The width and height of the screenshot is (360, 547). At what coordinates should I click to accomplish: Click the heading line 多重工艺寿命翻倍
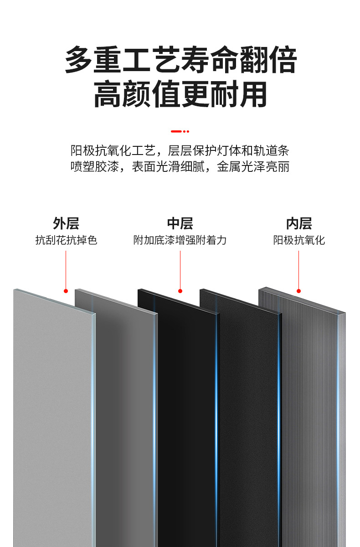[x=180, y=60]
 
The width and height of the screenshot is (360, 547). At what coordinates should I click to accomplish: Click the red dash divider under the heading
[x=180, y=131]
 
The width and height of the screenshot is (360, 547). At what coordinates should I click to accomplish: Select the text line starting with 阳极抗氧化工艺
[x=180, y=150]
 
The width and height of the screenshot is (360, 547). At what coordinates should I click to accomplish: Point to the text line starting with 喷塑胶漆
[x=180, y=167]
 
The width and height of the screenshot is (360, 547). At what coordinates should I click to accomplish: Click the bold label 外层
[x=66, y=223]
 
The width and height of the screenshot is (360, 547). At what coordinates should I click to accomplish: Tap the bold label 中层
[x=180, y=223]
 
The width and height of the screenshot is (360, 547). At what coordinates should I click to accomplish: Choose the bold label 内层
[x=299, y=223]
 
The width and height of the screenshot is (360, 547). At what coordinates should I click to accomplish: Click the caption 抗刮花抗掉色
[x=66, y=240]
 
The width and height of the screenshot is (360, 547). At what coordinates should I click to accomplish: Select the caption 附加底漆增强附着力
[x=180, y=240]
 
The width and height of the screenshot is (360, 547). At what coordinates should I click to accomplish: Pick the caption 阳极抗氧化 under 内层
[x=299, y=240]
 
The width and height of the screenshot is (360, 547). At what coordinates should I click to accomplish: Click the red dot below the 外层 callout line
[x=66, y=291]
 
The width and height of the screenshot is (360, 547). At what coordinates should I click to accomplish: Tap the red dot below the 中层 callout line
[x=180, y=291]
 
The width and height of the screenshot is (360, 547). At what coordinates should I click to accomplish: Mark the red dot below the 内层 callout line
[x=299, y=291]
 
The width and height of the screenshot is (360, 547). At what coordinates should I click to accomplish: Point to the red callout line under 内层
[x=299, y=269]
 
